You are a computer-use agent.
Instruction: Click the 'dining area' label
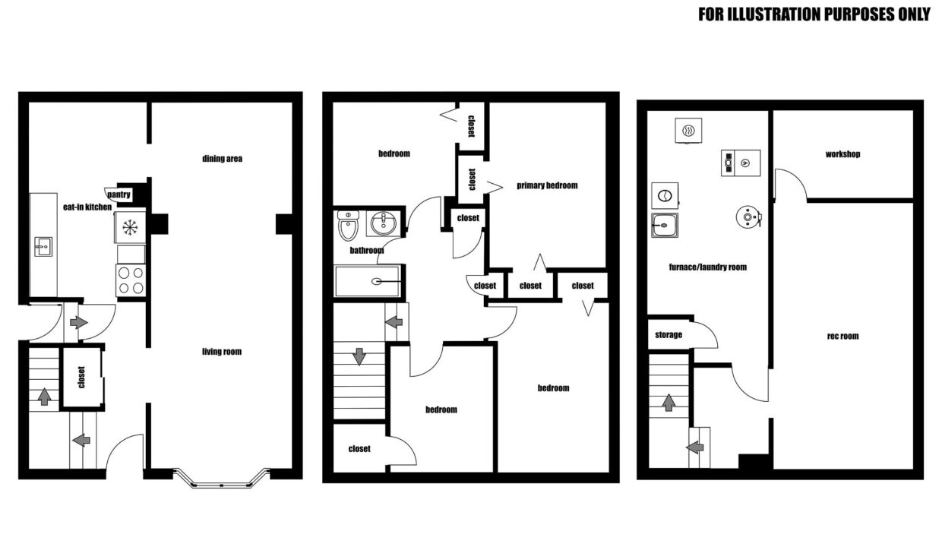pyautogui.click(x=222, y=159)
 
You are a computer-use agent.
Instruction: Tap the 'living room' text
pyautogui.click(x=222, y=352)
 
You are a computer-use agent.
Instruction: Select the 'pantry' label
pyautogui.click(x=119, y=194)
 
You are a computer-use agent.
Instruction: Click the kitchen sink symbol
pyautogui.click(x=43, y=247)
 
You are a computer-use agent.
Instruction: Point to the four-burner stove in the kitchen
pyautogui.click(x=131, y=280)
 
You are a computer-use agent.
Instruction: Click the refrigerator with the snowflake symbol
pyautogui.click(x=130, y=227)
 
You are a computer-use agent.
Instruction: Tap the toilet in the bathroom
pyautogui.click(x=348, y=225)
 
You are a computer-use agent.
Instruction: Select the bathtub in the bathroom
pyautogui.click(x=368, y=281)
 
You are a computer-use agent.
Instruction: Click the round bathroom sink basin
pyautogui.click(x=383, y=223)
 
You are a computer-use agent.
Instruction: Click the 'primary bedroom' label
pyautogui.click(x=547, y=185)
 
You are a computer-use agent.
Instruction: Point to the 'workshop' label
pyautogui.click(x=842, y=154)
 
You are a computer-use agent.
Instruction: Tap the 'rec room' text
pyautogui.click(x=842, y=336)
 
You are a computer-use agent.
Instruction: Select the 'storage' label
pyautogui.click(x=669, y=335)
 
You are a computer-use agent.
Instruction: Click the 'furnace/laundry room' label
pyautogui.click(x=708, y=267)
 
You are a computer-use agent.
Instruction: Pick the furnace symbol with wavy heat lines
pyautogui.click(x=688, y=131)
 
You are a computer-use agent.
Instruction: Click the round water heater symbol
pyautogui.click(x=748, y=217)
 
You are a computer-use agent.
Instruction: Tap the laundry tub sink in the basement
pyautogui.click(x=665, y=226)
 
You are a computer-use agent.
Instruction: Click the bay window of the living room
pyautogui.click(x=222, y=479)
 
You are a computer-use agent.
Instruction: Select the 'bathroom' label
pyautogui.click(x=367, y=250)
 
